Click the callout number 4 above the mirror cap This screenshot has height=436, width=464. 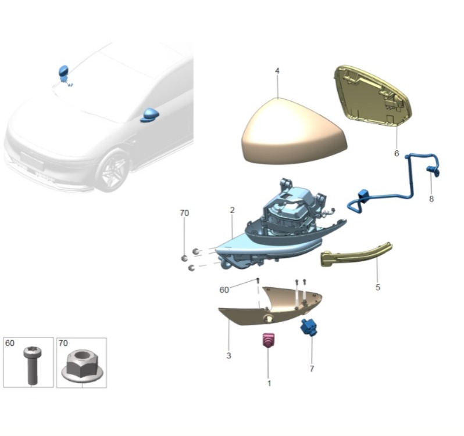click(277, 71)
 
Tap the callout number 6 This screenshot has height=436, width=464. click(397, 153)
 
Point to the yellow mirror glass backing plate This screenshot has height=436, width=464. click(373, 95)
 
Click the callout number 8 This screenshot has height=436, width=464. click(431, 199)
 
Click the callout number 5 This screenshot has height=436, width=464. click(377, 287)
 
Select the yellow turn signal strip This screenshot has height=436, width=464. click(356, 255)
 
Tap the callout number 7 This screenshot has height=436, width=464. click(312, 369)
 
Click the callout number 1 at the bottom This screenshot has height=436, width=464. click(269, 383)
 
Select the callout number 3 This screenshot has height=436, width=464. click(229, 356)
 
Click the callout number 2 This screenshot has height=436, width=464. click(232, 210)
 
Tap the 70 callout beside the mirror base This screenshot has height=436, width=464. click(184, 213)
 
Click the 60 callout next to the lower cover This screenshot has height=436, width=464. click(224, 290)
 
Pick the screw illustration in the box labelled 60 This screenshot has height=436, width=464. click(32, 366)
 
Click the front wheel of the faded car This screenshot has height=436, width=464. click(113, 171)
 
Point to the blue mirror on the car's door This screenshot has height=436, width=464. click(150, 115)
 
